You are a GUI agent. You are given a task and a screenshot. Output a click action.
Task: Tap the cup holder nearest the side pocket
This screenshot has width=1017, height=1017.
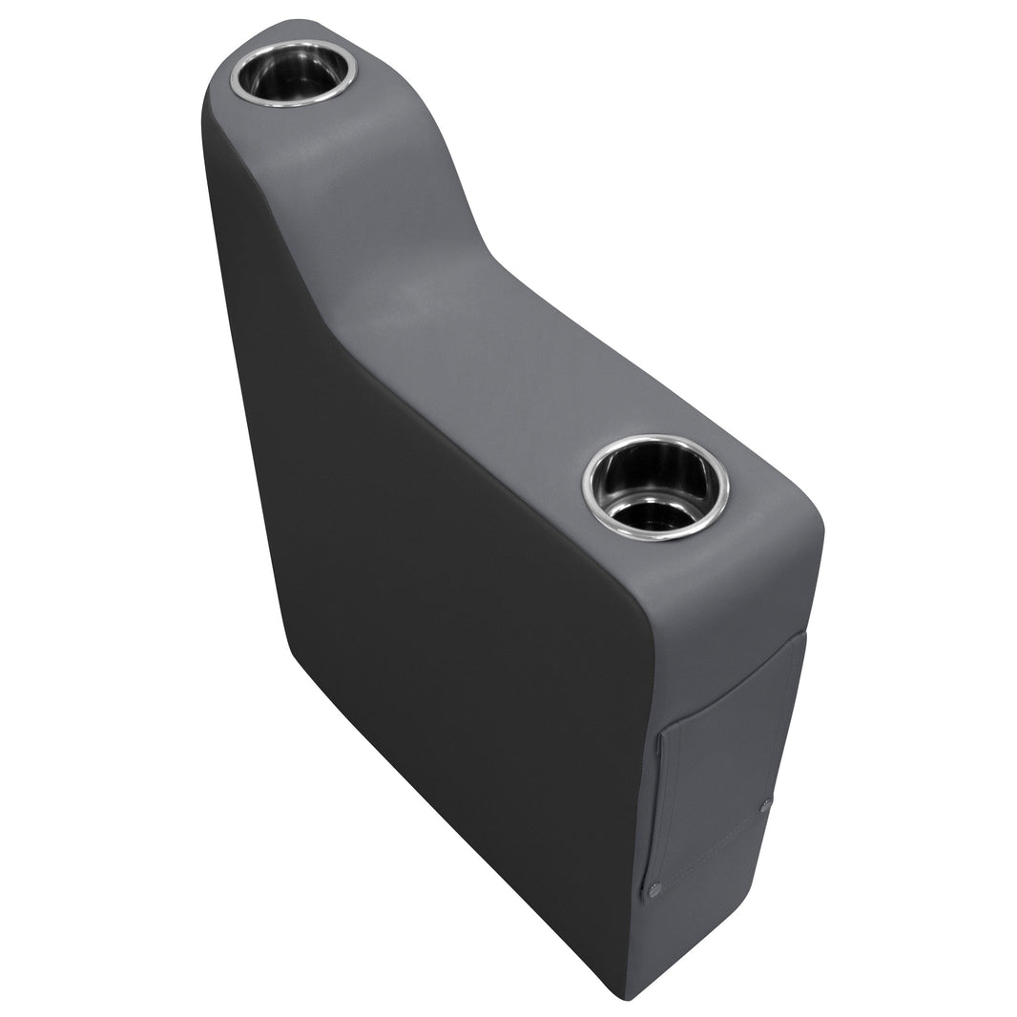pos(656,488)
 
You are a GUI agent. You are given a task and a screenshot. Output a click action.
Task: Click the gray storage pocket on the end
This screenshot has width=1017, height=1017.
pos(725,763)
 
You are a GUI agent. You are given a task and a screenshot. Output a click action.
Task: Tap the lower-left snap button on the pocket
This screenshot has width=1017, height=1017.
pos(654,890)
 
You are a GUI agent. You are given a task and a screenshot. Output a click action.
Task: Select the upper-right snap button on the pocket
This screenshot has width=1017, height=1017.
pos(766,806)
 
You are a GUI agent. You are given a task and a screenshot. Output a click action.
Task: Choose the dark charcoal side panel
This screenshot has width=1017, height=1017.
pos(429,572)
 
